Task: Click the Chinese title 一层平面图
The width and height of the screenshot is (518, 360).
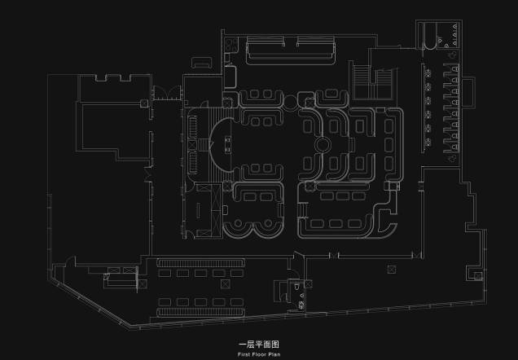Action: (259, 345)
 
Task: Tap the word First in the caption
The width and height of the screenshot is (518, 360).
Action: (244, 354)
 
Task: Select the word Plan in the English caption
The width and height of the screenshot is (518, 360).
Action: (274, 354)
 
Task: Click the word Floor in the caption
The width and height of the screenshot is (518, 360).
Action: (259, 354)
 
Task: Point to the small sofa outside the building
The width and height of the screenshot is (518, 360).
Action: (201, 63)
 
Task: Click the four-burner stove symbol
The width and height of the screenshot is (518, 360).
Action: (231, 45)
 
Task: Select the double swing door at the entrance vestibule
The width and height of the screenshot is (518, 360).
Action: (168, 93)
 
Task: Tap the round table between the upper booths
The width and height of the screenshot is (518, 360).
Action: (291, 102)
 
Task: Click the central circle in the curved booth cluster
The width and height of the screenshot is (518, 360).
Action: (323, 145)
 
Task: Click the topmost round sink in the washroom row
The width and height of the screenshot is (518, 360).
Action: (428, 73)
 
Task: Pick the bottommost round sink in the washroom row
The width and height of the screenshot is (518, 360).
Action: (428, 143)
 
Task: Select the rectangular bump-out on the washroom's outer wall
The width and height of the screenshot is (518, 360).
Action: (468, 92)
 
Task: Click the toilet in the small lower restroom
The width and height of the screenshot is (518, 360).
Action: (297, 286)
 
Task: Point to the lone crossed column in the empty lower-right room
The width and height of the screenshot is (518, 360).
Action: (392, 270)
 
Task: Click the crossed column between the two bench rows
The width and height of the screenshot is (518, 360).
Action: (226, 283)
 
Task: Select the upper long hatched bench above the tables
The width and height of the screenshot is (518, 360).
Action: (201, 263)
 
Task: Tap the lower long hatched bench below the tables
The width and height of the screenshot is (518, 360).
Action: (201, 312)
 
